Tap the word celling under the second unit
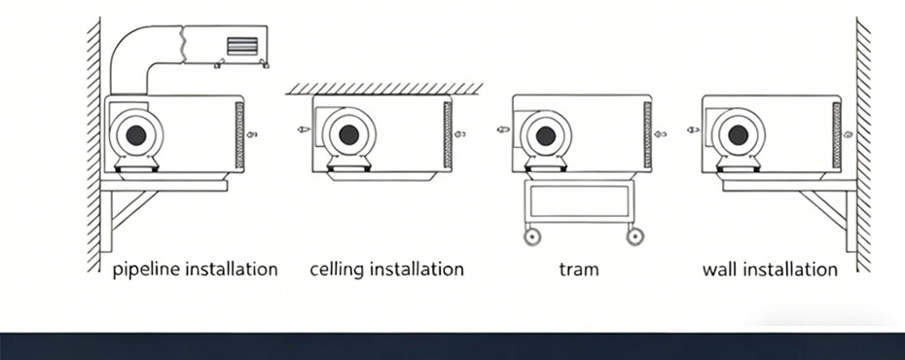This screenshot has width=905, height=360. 337,270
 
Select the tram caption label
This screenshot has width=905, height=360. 579,270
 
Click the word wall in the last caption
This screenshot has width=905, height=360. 720,270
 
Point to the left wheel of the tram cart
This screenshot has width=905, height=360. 532,236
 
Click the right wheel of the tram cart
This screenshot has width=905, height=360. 634,236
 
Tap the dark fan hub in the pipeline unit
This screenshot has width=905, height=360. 136,135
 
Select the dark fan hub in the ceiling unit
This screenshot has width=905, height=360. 349,135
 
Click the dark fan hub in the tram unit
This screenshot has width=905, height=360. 545,136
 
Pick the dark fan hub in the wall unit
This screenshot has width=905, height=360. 739,135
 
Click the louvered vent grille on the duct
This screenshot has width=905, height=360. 242,46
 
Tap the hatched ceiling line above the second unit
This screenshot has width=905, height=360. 384,89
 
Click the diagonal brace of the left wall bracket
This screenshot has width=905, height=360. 134,210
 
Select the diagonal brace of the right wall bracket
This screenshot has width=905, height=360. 823,210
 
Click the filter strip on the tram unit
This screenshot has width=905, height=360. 647,135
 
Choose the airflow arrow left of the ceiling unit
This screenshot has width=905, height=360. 304,129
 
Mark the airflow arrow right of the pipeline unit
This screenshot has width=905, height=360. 252,134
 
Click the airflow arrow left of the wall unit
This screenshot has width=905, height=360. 693,129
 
